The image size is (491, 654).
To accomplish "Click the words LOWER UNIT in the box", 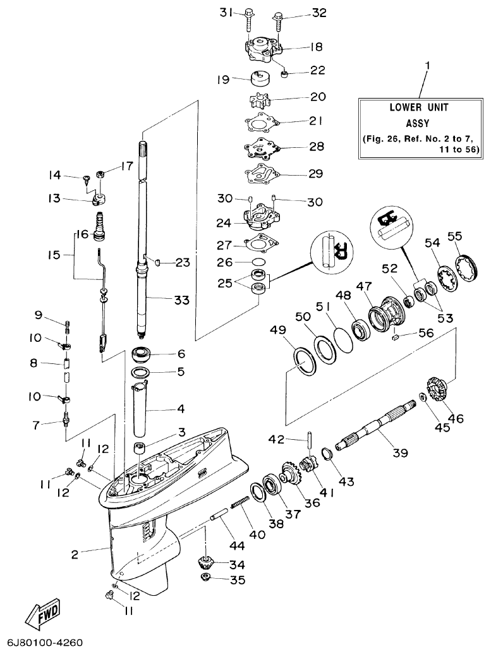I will click(x=418, y=107).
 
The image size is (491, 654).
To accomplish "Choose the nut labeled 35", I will click(x=205, y=579).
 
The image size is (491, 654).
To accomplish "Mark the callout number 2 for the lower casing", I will click(x=75, y=554).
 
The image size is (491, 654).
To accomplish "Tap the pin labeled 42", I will click(x=311, y=439).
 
